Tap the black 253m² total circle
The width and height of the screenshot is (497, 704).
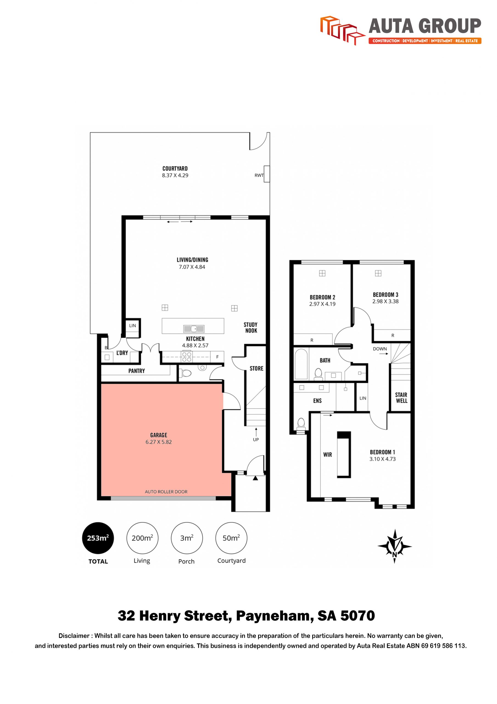98,538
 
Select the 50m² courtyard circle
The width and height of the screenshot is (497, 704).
231,538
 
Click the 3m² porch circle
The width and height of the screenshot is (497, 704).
187,538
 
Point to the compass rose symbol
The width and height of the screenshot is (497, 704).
394,546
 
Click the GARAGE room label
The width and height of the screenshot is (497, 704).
159,435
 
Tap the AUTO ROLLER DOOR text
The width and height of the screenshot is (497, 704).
166,492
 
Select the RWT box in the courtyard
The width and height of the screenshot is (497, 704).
267,174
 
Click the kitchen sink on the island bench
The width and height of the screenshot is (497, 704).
194,329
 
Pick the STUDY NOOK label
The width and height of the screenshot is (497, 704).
250,328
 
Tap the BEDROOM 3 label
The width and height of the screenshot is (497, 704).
386,295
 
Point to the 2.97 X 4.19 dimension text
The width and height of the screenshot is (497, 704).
322,304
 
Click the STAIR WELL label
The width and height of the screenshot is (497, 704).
401,398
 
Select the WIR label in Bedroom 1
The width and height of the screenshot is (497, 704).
327,455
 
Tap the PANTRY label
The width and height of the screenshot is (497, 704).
136,371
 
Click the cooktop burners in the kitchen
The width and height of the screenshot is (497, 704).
187,357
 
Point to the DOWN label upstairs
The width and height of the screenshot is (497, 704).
380,349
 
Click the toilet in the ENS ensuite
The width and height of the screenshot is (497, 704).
301,424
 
